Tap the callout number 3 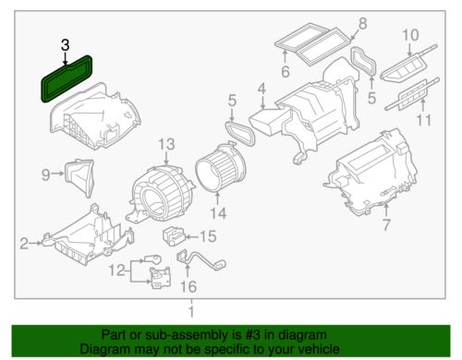(x=65, y=45)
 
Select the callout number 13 (x=166, y=144)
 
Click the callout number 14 (x=218, y=213)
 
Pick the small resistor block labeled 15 (x=174, y=236)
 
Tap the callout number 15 (x=208, y=236)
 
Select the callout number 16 (x=188, y=287)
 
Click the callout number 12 (x=117, y=270)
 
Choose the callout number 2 (x=24, y=244)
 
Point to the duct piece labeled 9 (x=79, y=177)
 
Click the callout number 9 (x=46, y=174)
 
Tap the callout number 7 (x=386, y=225)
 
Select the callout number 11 (x=424, y=120)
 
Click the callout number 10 (x=410, y=35)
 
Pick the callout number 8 (x=363, y=24)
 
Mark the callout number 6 (x=286, y=72)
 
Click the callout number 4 (x=261, y=89)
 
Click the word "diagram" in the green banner (x=299, y=335)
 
